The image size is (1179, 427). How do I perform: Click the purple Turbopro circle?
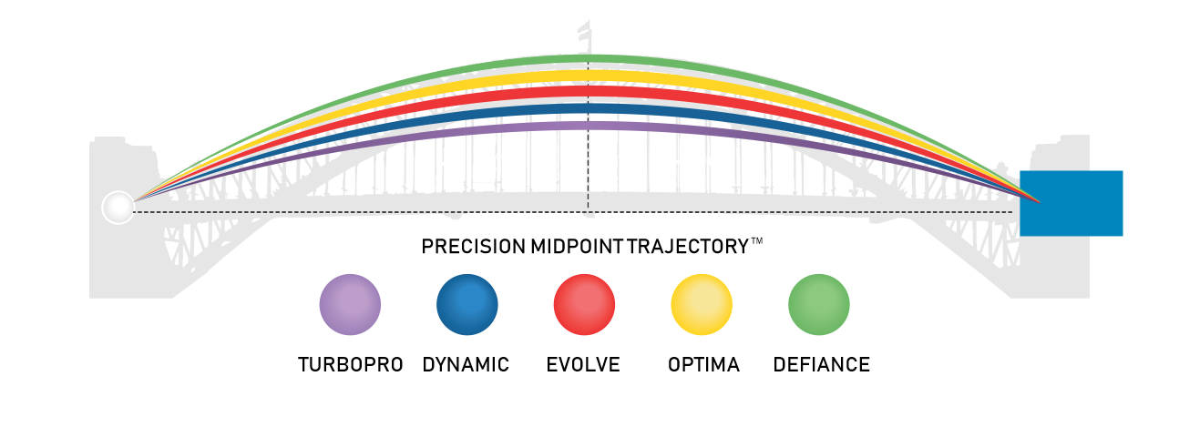350,305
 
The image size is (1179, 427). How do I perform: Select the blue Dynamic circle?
467,305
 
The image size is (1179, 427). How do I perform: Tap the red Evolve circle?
584,305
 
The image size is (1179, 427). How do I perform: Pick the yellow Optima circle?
702,305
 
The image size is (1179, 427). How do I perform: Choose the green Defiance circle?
818,305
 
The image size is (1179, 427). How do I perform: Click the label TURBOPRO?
351,365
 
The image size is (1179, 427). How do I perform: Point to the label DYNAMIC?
466,365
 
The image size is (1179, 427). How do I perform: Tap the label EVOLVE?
583,365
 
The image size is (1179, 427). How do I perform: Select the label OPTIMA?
703,365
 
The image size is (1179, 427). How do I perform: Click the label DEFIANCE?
821,365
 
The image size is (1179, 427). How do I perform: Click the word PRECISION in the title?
473,247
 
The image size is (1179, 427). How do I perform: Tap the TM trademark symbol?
756,242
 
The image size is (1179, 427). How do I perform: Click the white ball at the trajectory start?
118,208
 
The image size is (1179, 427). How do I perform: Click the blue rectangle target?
1071,203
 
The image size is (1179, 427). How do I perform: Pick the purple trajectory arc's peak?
588,126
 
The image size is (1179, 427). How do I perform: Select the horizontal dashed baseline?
364,212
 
